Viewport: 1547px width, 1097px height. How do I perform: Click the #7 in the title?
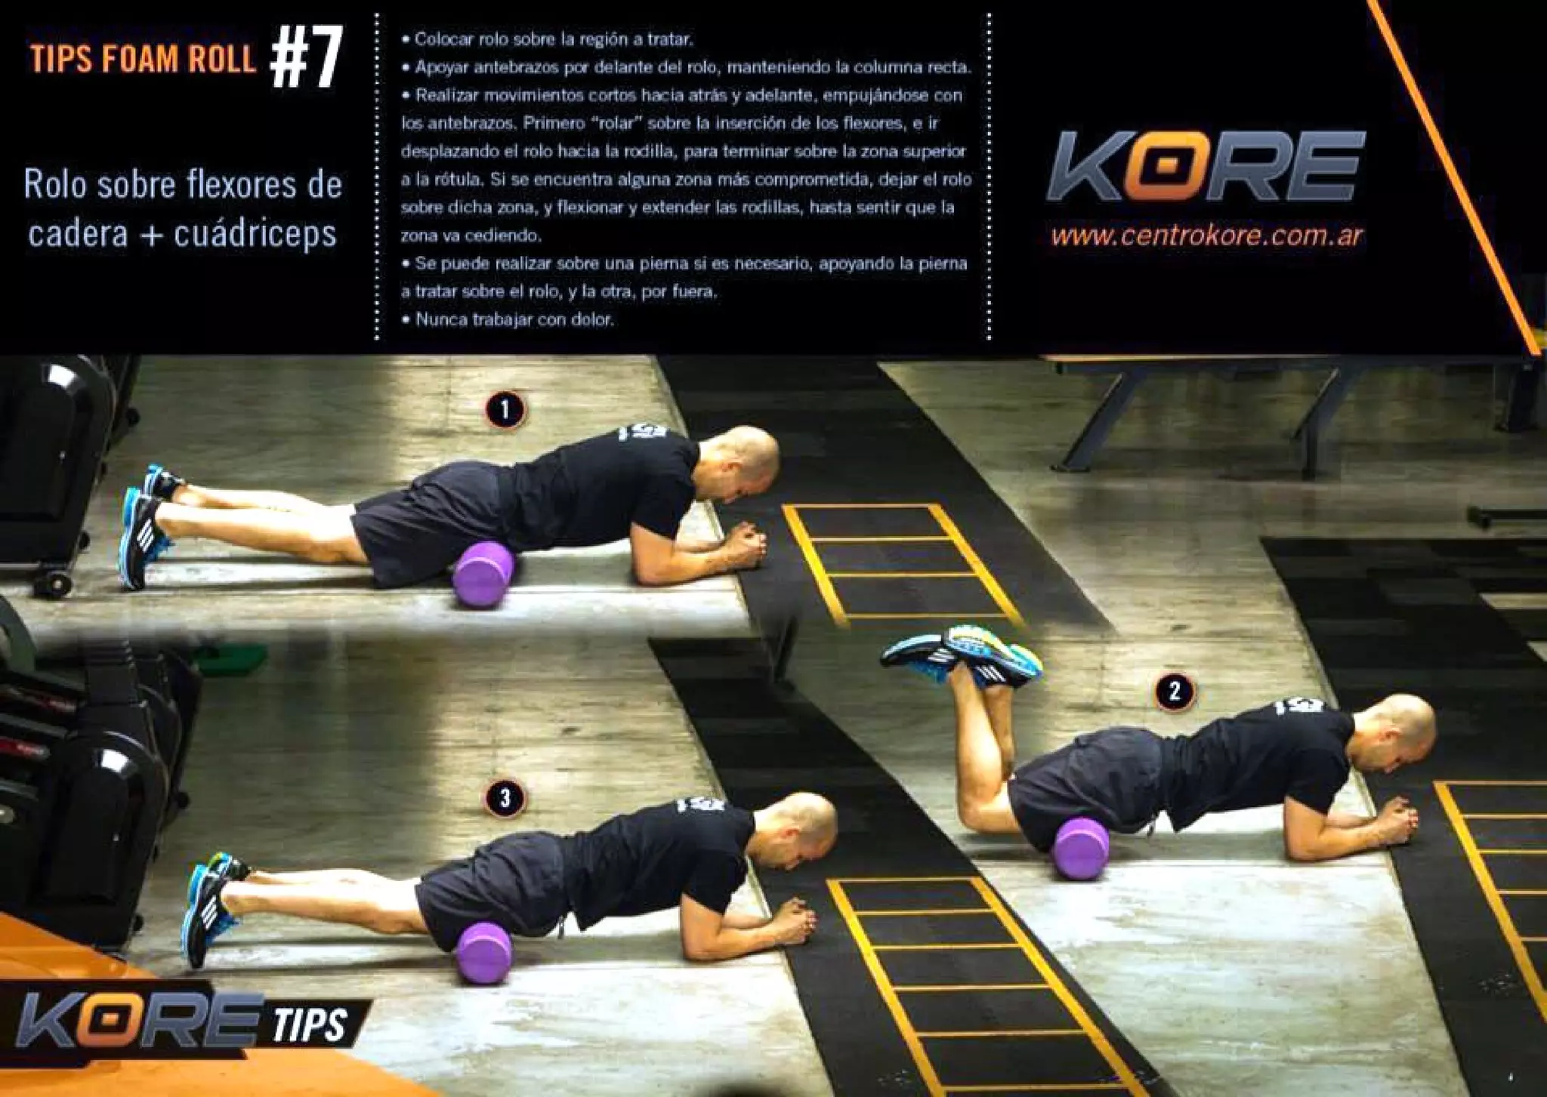(x=306, y=58)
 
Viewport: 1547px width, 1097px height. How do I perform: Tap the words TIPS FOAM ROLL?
(x=143, y=59)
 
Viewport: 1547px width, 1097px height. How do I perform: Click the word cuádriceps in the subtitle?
(x=255, y=233)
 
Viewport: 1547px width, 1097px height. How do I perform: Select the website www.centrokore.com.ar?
(x=1206, y=236)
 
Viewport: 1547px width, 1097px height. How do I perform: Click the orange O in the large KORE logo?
(x=1160, y=165)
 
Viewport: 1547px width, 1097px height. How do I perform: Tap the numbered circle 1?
(x=505, y=410)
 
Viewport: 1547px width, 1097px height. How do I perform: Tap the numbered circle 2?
(x=1174, y=691)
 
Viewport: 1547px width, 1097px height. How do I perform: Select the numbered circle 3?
(x=505, y=797)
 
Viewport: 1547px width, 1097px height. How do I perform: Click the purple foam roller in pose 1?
(x=483, y=574)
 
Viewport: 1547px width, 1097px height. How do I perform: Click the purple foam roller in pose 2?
(x=1081, y=849)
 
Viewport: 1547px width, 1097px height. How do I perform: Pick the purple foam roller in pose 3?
(x=484, y=953)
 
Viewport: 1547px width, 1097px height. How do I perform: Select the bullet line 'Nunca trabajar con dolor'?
(x=514, y=319)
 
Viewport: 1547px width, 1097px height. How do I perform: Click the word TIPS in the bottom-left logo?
(x=310, y=1024)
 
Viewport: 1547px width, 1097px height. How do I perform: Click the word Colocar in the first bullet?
(x=444, y=39)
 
